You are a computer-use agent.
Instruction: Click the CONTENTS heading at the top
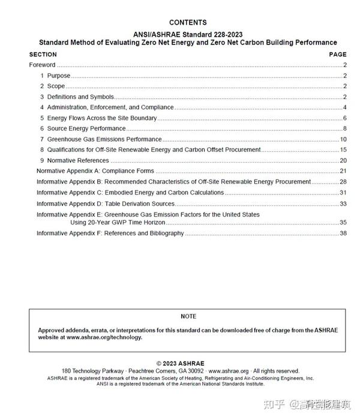188,23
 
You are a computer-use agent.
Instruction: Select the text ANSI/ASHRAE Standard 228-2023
188,34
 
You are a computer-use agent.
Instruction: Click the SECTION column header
43,55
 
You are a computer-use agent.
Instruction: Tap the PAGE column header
338,55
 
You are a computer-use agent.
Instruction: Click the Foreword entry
42,65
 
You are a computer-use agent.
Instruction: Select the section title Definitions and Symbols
80,97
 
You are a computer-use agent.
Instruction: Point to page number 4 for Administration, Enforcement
344,107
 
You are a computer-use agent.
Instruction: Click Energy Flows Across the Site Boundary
102,118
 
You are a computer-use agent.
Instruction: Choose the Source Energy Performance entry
86,128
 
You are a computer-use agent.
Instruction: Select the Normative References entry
78,160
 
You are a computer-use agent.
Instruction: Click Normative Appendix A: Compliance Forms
95,171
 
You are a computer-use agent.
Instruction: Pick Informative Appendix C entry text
130,193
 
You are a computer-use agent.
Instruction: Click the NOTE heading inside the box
188,316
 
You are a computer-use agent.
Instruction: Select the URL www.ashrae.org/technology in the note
104,337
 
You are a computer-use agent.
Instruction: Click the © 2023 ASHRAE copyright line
180,364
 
